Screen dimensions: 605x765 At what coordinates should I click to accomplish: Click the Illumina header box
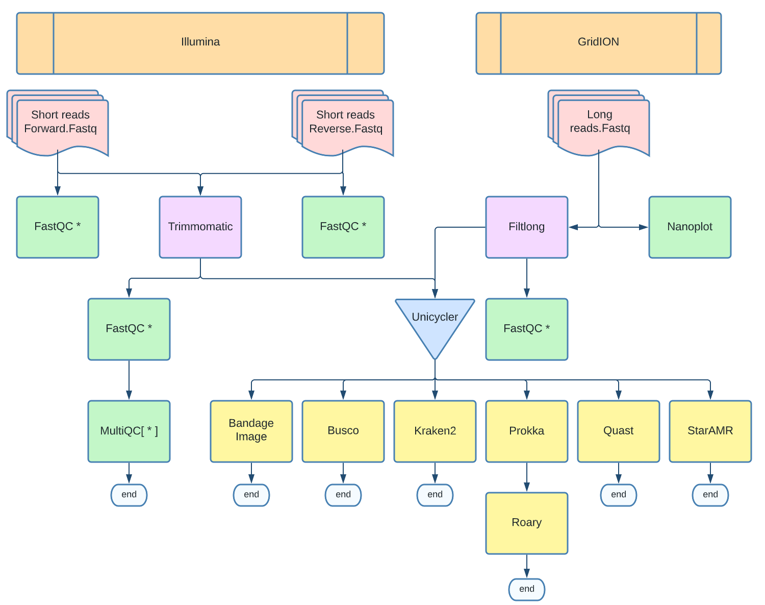pyautogui.click(x=200, y=43)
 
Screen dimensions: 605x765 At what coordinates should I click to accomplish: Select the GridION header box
pyautogui.click(x=598, y=43)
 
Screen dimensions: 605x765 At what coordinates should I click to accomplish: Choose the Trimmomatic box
pyautogui.click(x=200, y=227)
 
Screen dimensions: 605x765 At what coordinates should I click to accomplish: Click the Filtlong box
pyautogui.click(x=527, y=227)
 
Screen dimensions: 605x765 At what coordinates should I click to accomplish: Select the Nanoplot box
pyautogui.click(x=690, y=227)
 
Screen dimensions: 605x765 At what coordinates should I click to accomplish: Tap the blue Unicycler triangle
pyautogui.click(x=435, y=322)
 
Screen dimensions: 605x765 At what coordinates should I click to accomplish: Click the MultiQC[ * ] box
pyautogui.click(x=129, y=431)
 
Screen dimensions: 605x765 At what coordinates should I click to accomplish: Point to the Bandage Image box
pyautogui.click(x=251, y=431)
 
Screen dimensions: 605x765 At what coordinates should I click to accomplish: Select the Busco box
pyautogui.click(x=343, y=431)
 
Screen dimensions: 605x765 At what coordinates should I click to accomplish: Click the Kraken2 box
pyautogui.click(x=435, y=431)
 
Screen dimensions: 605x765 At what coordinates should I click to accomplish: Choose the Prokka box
pyautogui.click(x=527, y=431)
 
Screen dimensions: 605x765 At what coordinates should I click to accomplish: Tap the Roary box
pyautogui.click(x=527, y=523)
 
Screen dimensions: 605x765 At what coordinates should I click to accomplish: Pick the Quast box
pyautogui.click(x=619, y=431)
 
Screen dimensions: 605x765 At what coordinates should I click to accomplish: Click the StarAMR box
pyautogui.click(x=710, y=431)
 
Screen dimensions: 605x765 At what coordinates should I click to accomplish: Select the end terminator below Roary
pyautogui.click(x=527, y=589)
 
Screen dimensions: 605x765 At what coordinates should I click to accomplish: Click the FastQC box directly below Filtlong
pyautogui.click(x=527, y=329)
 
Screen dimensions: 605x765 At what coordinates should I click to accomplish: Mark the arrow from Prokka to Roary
pyautogui.click(x=527, y=477)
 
